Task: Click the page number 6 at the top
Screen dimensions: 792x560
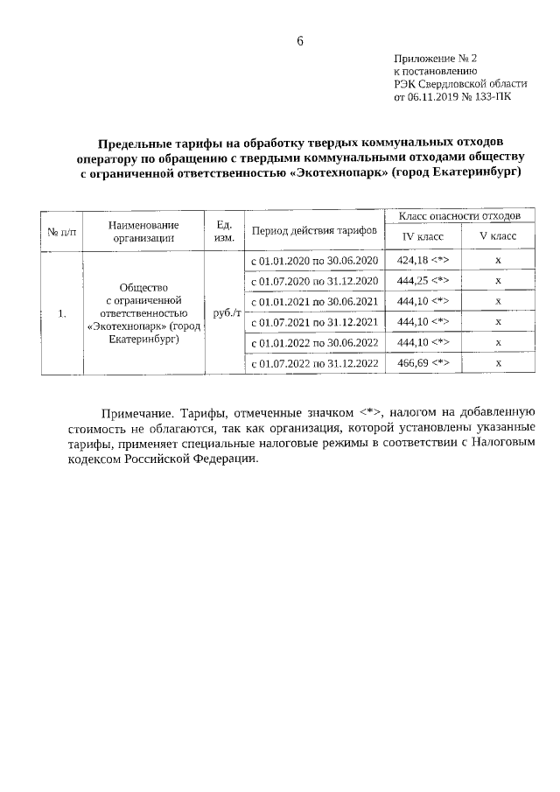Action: click(x=300, y=41)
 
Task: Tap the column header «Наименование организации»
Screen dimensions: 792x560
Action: click(x=143, y=230)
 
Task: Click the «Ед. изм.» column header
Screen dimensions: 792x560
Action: click(x=223, y=230)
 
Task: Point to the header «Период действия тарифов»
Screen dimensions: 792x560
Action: click(x=314, y=230)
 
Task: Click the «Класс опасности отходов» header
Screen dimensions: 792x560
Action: click(x=459, y=214)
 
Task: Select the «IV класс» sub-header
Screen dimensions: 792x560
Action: click(x=423, y=236)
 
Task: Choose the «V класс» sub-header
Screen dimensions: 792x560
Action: click(x=497, y=236)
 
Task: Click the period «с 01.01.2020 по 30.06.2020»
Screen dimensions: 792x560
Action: click(x=314, y=261)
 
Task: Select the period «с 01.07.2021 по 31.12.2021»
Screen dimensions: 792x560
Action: click(x=314, y=322)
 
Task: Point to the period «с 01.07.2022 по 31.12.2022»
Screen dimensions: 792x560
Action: click(x=314, y=362)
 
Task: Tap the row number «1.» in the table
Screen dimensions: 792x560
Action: click(x=61, y=312)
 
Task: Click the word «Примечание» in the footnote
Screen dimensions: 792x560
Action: click(x=139, y=411)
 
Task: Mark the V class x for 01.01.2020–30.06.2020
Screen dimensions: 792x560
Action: click(x=497, y=261)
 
